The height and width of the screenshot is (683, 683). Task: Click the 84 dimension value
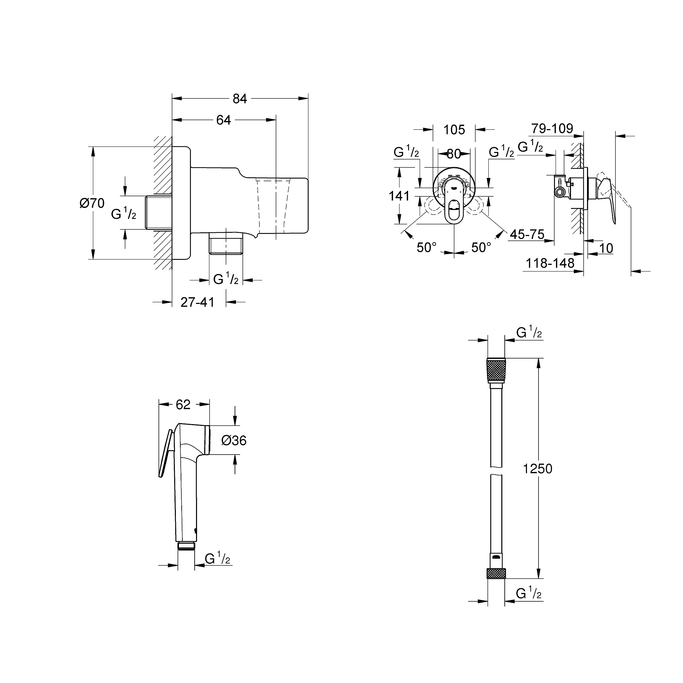[x=240, y=99]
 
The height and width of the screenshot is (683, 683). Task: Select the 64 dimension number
[x=223, y=120]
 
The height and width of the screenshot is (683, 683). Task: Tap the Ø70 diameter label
[x=92, y=203]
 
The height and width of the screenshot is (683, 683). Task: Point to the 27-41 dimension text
[x=197, y=302]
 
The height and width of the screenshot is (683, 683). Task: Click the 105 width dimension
[x=454, y=130]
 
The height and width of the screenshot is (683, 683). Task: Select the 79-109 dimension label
[x=552, y=128]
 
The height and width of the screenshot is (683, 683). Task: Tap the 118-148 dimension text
[x=550, y=263]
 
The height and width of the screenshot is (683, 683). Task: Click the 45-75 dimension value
[x=527, y=234]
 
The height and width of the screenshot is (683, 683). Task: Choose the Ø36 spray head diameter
[x=234, y=441]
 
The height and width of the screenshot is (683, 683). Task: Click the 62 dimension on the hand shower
[x=183, y=404]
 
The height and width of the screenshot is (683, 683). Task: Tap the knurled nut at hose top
[x=496, y=371]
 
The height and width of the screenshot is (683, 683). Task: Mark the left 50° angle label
[x=426, y=248]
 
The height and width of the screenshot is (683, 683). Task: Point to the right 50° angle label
[x=481, y=248]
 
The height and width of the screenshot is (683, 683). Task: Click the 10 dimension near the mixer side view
[x=606, y=249]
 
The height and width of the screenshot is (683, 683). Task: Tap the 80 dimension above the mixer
[x=454, y=154]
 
